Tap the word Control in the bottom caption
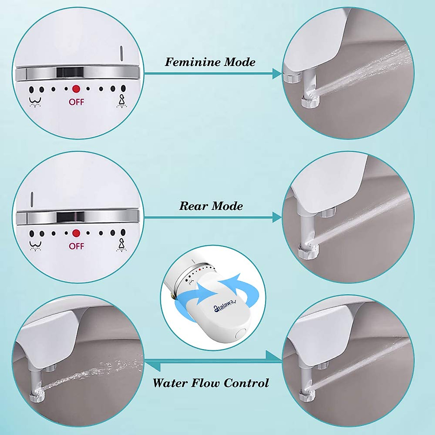tap(246, 383)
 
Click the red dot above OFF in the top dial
tap(76, 89)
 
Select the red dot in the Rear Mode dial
tap(76, 233)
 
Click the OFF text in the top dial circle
tap(76, 102)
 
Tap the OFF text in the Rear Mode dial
tap(76, 246)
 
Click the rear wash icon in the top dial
tap(35, 101)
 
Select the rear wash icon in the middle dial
tap(35, 246)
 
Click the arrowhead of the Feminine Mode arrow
tap(277, 74)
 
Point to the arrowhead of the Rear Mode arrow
tap(277, 217)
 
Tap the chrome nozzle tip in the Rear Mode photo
tap(308, 250)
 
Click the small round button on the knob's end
tap(240, 333)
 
